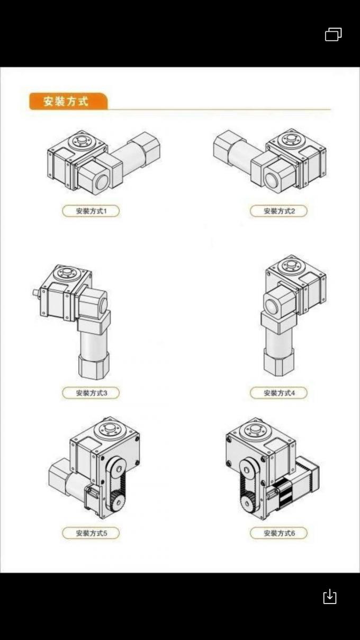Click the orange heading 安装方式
[66, 101]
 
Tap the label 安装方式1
[91, 211]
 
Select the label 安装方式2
[278, 211]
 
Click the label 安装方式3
[91, 393]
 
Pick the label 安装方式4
[278, 393]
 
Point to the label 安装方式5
[91, 533]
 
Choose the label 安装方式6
[278, 533]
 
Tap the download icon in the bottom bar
[329, 597]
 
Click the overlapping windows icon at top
[333, 35]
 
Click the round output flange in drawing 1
[82, 142]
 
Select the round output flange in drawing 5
[110, 429]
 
